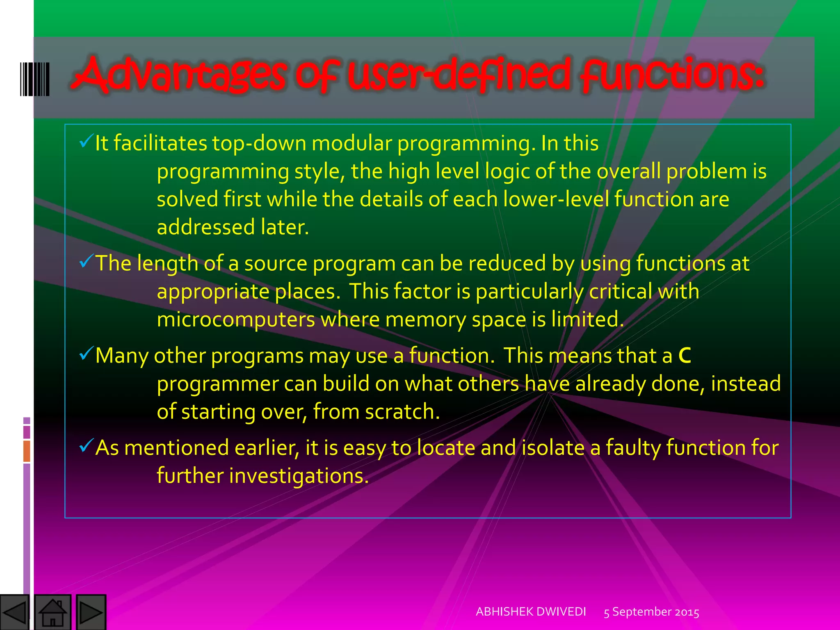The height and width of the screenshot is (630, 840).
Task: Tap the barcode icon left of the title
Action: coord(35,79)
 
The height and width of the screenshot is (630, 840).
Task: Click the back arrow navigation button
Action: coord(14,612)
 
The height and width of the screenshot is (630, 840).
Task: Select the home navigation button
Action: coord(52,612)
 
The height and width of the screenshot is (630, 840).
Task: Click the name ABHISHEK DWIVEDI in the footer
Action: coord(531,612)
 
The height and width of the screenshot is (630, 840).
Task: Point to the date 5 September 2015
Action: coord(651,612)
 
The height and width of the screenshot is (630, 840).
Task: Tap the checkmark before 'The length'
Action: coord(86,261)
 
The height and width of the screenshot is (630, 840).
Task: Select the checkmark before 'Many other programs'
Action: coord(86,353)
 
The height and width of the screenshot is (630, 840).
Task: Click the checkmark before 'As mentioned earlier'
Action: coord(86,445)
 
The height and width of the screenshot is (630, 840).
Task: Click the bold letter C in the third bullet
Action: coord(685,356)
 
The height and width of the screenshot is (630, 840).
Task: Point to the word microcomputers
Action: coord(236,320)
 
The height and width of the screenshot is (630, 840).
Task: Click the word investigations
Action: coord(299,476)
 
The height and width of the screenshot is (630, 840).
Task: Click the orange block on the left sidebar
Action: coord(27,451)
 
